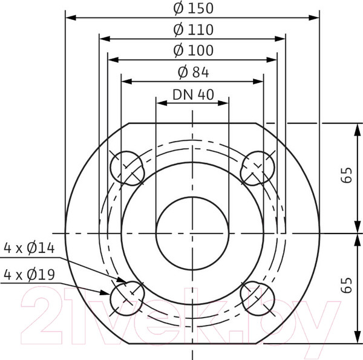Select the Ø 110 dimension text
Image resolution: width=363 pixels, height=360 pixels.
193,29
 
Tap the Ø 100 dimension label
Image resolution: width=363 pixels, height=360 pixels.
193,50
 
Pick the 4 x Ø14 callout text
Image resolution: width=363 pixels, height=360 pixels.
29,247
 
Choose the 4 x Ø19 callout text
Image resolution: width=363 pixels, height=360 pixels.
29,274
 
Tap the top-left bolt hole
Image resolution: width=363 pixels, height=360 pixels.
127,168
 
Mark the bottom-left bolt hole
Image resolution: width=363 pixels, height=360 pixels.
127,296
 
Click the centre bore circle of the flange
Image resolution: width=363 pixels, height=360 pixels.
192,233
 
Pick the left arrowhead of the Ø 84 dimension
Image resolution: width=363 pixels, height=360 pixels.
125,81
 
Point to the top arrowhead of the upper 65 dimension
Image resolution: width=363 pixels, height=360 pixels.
355,126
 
